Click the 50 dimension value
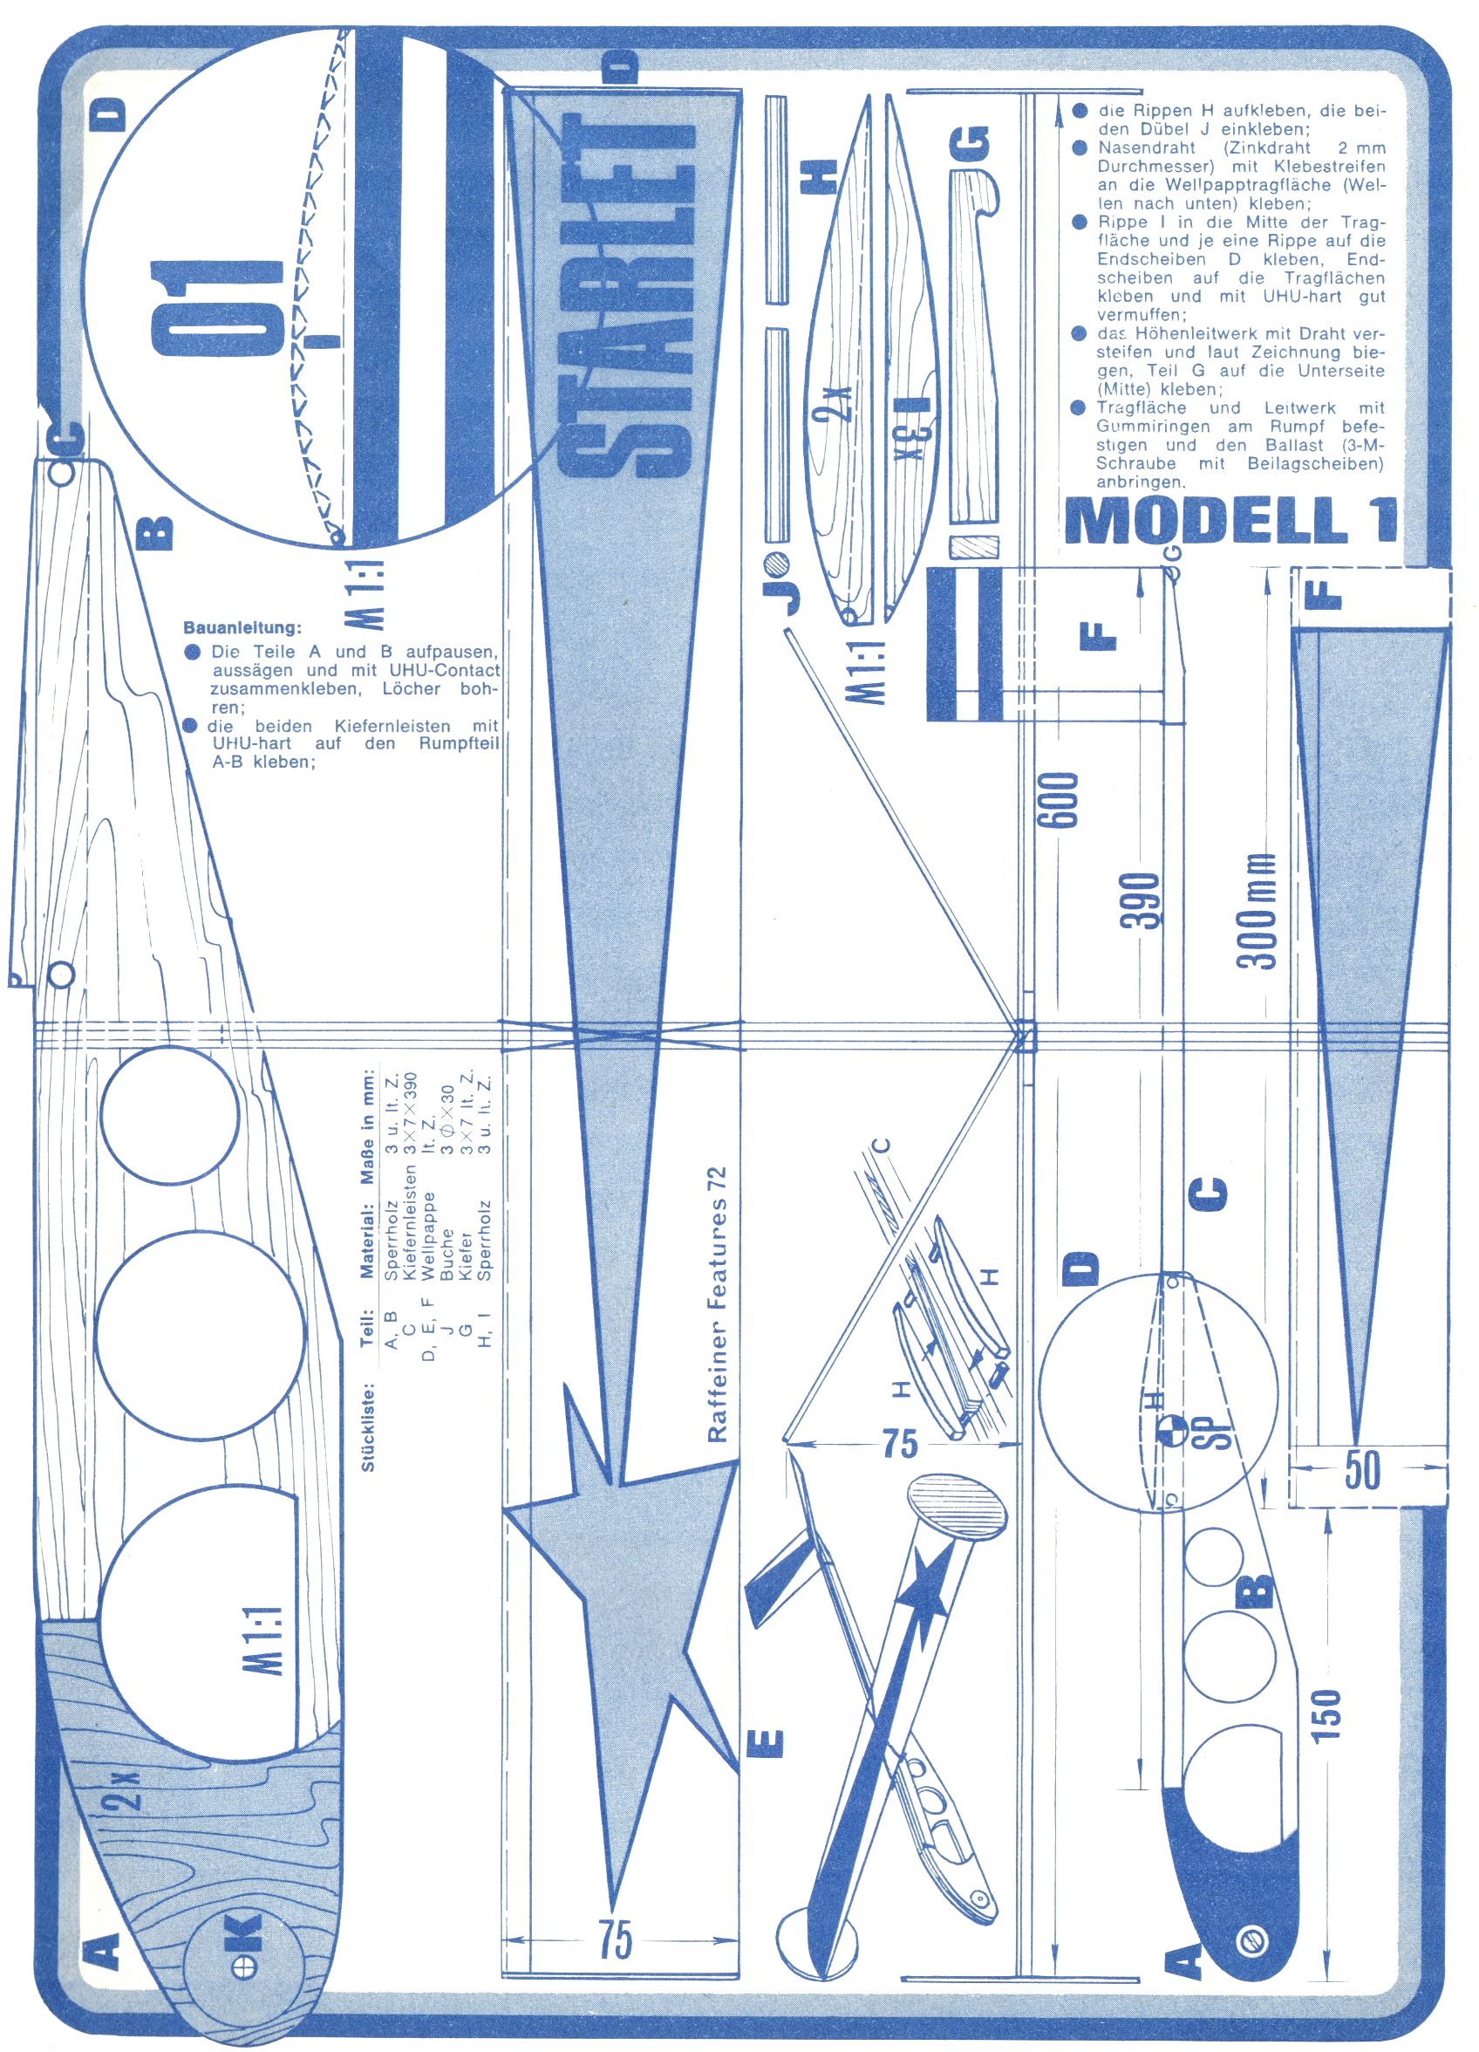1362,1472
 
